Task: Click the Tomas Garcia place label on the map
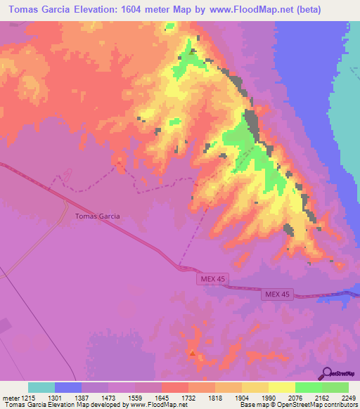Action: tap(98, 216)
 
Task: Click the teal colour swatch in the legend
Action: tap(41, 387)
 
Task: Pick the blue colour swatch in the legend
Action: tap(68, 387)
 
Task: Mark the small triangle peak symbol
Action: tap(193, 353)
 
